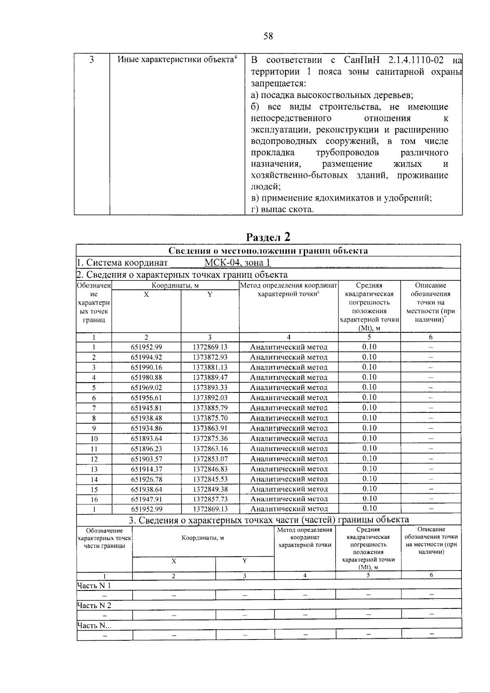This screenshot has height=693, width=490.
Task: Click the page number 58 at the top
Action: click(x=268, y=36)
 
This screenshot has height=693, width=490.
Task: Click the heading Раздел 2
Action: click(x=268, y=236)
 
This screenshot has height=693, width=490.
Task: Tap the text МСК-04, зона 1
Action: click(x=237, y=263)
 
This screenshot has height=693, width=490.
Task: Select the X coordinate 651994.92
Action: click(x=146, y=357)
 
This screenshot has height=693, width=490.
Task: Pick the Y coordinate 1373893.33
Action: click(x=210, y=388)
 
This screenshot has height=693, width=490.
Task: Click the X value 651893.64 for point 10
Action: click(x=146, y=439)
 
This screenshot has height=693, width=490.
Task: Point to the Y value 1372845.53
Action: click(x=210, y=479)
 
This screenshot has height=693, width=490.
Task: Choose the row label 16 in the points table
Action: click(x=94, y=499)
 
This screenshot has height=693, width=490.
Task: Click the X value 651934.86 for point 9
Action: click(x=146, y=428)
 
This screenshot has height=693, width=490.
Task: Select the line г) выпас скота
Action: click(x=282, y=209)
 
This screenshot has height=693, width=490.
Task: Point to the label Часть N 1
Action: click(x=94, y=586)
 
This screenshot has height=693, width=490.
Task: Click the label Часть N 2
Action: click(x=94, y=605)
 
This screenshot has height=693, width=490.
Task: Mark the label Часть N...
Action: click(x=94, y=625)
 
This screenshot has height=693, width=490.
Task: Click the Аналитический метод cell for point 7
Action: click(x=288, y=408)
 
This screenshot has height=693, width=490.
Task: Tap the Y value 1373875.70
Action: click(x=210, y=418)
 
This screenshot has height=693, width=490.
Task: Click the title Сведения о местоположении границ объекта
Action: click(x=268, y=251)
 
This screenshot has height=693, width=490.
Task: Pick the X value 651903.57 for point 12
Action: click(x=146, y=459)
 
